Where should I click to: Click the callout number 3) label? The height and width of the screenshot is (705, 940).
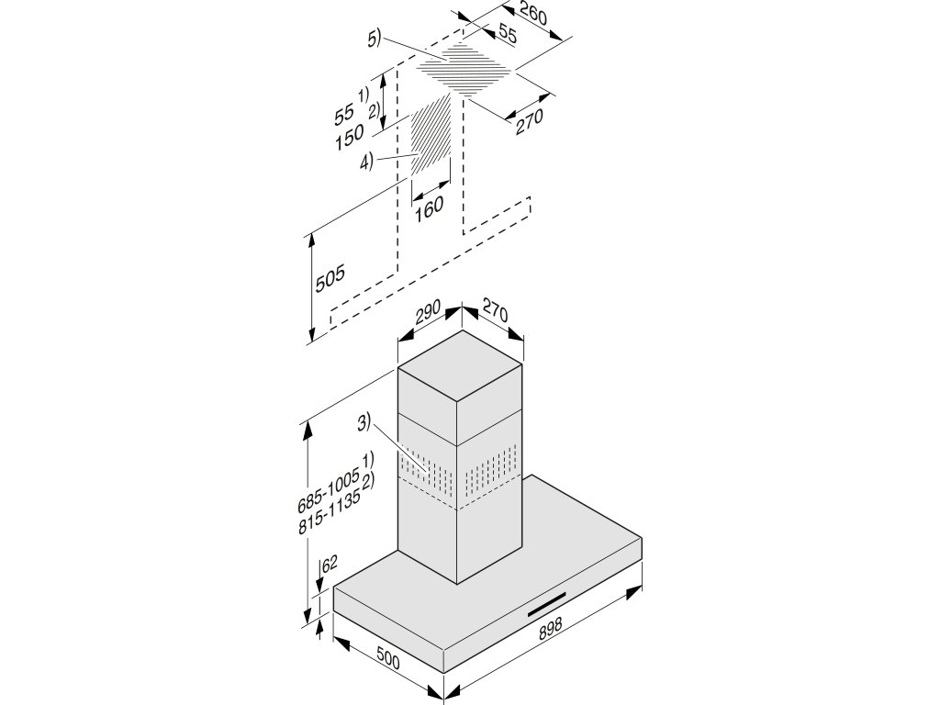click(x=364, y=423)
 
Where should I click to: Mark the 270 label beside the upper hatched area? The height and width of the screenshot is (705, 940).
click(x=530, y=122)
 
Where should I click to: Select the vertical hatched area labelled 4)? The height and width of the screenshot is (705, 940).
click(x=431, y=136)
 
